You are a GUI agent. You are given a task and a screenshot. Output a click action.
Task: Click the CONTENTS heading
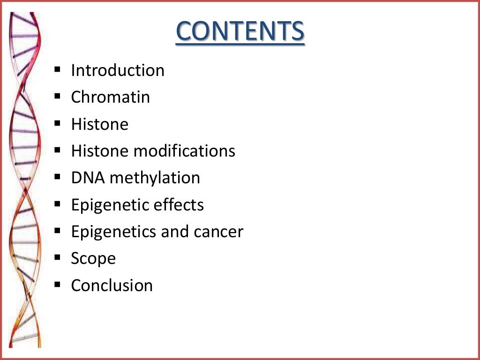(240, 32)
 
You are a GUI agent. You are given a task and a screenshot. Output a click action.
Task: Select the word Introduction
(118, 70)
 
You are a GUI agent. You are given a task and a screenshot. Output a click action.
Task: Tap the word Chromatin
(111, 97)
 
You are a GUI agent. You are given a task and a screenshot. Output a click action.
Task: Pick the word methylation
(155, 179)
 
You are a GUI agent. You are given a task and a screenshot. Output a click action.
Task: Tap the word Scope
(93, 259)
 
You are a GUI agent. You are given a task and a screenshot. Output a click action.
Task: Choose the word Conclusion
(112, 285)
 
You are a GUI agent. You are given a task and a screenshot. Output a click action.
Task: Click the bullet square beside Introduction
(58, 70)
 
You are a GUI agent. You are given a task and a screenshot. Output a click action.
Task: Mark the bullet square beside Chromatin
(58, 97)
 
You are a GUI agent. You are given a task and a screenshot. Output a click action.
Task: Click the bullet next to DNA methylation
(58, 177)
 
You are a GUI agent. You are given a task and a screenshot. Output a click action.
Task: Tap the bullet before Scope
(58, 258)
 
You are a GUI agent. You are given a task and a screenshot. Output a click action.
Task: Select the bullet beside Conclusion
(58, 285)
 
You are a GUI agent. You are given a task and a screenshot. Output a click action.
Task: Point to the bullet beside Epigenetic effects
(58, 204)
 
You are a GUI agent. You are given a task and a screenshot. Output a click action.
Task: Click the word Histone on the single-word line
(99, 124)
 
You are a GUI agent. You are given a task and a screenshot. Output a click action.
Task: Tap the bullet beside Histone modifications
(58, 150)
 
